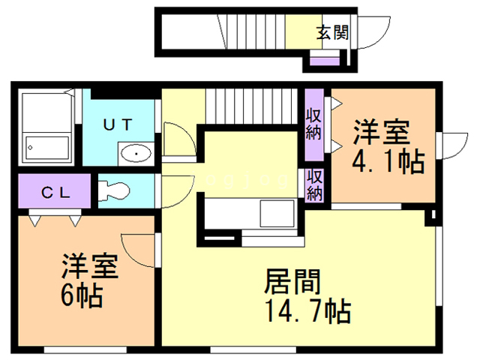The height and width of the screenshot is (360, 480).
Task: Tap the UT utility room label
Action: coord(117,125)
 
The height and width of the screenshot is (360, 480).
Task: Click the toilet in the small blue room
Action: coord(113,190)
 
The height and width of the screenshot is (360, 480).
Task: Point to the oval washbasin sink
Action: coord(136,154)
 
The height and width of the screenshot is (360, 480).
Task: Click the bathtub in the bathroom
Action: coord(46,147)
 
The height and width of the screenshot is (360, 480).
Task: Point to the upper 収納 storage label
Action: coord(313,124)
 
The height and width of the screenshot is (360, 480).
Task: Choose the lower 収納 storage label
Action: coord(314,185)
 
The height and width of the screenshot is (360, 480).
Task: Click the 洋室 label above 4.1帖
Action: coord(382,133)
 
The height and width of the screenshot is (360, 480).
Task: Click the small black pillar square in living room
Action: coord(431,218)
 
